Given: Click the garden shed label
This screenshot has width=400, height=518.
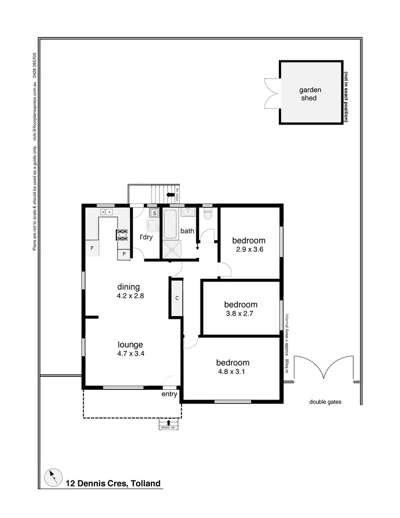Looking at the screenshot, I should coord(308,94).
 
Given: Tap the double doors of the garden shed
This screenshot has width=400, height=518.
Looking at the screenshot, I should coord(271,92).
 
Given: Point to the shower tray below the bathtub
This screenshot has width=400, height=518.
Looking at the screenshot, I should coord(172,249).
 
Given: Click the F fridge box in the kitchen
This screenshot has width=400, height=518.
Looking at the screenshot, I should coord(92,248).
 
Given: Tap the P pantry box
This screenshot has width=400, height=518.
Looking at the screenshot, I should coord(124,254).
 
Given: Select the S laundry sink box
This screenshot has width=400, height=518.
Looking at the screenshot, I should coord(154,214).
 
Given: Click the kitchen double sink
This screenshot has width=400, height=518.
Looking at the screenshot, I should coord(107,212).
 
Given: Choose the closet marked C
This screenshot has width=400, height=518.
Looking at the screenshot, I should coord(175,297).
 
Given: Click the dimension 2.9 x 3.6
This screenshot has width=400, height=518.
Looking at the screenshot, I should coord(249,249).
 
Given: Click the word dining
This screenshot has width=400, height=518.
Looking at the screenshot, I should coord(129,287).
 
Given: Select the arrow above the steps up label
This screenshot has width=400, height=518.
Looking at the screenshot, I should coord(169,422).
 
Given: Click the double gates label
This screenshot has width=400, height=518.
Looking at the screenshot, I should coord(325,402).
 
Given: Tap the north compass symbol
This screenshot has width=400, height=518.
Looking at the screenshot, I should coord(53,477).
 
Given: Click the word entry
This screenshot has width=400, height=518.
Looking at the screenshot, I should coord(169,394).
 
